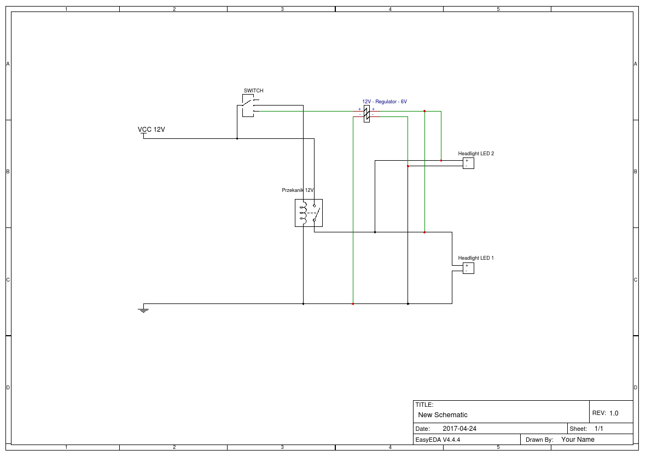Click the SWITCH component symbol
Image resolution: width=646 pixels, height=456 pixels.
[x=248, y=106]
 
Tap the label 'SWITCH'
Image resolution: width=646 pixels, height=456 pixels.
[x=253, y=91]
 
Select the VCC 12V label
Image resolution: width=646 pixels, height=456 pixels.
[x=151, y=130]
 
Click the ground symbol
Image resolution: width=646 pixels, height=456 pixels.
[x=143, y=308]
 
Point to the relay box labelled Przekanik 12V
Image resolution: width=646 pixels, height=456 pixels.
[x=309, y=213]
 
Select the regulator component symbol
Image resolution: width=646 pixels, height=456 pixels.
[x=366, y=114]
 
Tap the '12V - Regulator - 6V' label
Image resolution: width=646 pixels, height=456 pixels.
[x=385, y=102]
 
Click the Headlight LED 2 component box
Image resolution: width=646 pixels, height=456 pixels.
[x=468, y=163]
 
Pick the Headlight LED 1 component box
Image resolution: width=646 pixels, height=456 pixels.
[x=468, y=268]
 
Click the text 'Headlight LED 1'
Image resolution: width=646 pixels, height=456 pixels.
[x=476, y=258]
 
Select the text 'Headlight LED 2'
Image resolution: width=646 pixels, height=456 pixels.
[x=476, y=154]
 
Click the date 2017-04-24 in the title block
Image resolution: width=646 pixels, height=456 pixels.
[x=459, y=429]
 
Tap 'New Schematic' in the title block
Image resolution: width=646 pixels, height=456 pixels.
[x=443, y=415]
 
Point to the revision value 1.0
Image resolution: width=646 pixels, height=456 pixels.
[x=614, y=413]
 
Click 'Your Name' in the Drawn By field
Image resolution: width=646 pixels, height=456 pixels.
[x=578, y=440]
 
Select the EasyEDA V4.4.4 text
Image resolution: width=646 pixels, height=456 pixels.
[x=438, y=440]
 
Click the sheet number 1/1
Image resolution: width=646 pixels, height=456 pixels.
[x=598, y=429]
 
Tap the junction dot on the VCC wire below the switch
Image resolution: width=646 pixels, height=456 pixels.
[x=237, y=138]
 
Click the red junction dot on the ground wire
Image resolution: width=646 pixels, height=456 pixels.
[x=353, y=303]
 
